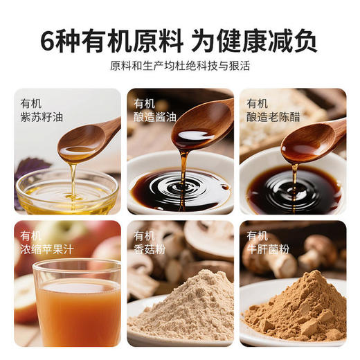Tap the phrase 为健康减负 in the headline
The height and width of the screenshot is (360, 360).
pos(258,39)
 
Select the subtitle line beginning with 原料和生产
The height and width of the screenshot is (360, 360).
pos(179,66)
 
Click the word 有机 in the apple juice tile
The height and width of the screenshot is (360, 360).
pos(32,235)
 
